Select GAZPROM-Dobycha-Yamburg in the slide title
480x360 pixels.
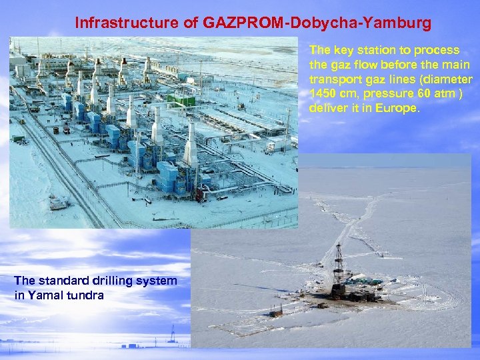317,23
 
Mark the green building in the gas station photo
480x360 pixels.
180,101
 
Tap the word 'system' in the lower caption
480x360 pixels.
158,281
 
